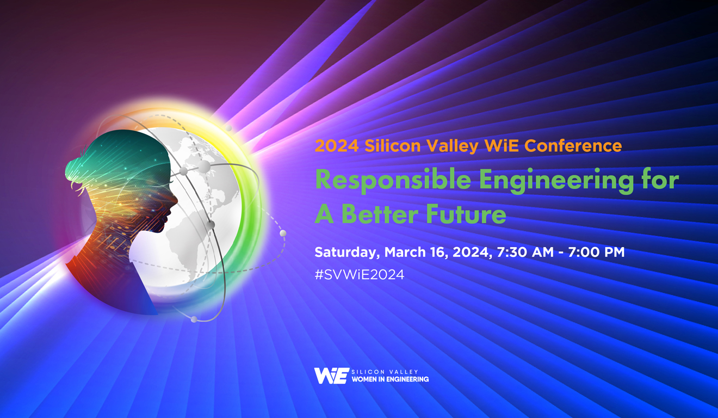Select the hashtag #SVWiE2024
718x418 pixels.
click(x=359, y=274)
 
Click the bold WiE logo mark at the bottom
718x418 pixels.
click(x=331, y=376)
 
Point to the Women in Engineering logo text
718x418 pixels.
click(x=390, y=379)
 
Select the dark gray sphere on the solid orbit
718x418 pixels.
click(x=211, y=224)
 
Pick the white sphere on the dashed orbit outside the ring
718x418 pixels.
click(x=283, y=233)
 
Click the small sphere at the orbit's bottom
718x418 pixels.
click(x=194, y=319)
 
